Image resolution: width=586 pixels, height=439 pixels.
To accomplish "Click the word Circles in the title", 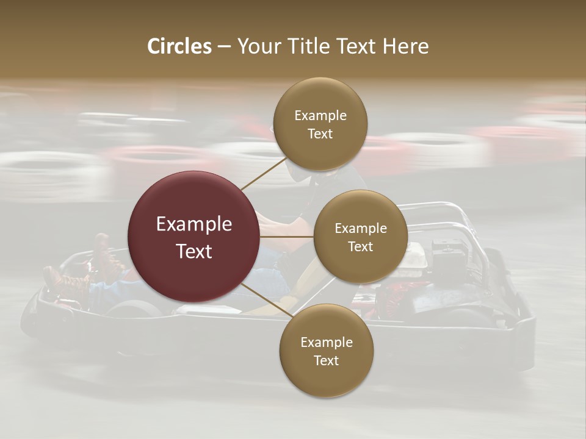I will coord(179,46).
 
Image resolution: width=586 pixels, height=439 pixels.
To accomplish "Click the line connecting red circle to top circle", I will coord(264,174).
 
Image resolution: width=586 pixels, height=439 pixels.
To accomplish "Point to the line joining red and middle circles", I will coord(287,237).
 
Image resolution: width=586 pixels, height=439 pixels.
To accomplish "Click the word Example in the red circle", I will coord(194,224).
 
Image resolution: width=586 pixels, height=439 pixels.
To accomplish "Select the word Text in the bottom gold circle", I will coord(326,360).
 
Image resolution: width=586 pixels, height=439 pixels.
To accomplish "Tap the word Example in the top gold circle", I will coord(320,115).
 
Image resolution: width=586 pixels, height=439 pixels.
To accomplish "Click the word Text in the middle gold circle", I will coord(360,246).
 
